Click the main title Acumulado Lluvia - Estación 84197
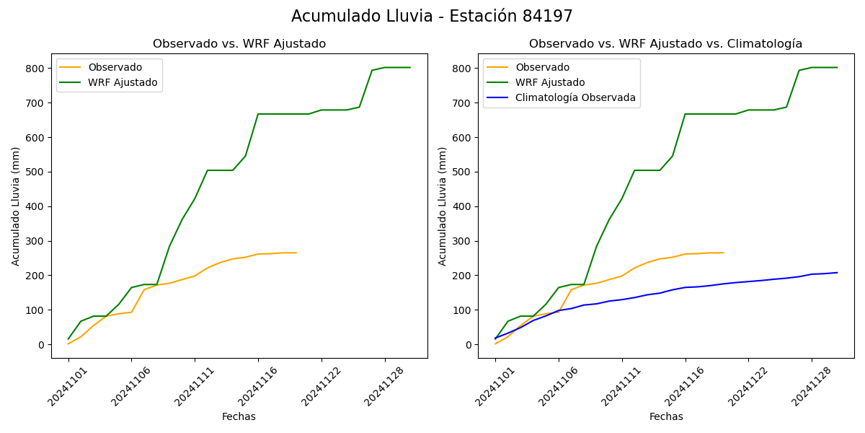(432, 17)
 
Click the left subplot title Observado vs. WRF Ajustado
(239, 44)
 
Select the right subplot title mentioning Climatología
(665, 44)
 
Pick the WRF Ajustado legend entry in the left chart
(123, 82)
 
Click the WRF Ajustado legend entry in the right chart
(549, 82)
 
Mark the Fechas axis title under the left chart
(239, 416)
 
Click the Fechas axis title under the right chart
(666, 416)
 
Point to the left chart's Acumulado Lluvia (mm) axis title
(16, 206)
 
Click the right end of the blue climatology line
(837, 273)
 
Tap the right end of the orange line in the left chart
(296, 253)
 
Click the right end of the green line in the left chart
(410, 68)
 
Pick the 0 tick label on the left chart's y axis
(42, 345)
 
